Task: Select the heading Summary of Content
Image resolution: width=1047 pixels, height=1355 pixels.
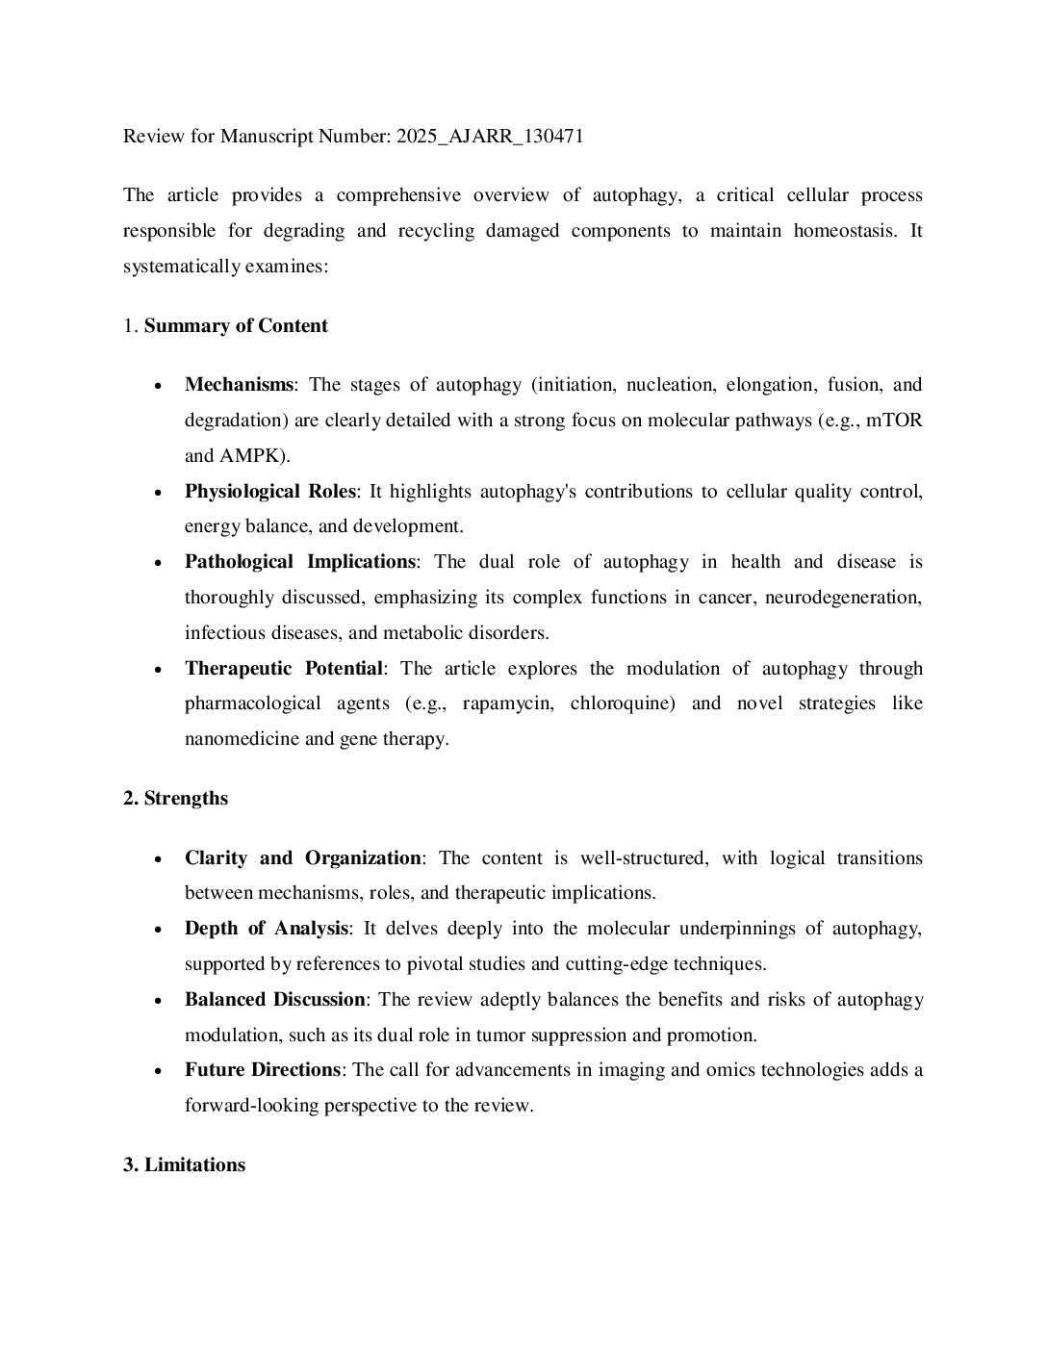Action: (x=236, y=326)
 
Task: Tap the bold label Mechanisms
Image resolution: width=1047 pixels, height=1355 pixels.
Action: (x=239, y=385)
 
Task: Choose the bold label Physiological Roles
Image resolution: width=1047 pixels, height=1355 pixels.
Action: (x=270, y=492)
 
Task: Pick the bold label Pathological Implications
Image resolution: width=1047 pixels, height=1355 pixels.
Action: (x=300, y=562)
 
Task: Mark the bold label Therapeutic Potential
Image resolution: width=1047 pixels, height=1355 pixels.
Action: (x=284, y=669)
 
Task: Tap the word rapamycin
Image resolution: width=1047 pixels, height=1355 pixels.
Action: (x=507, y=703)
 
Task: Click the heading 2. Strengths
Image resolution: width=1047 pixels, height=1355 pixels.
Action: (x=175, y=799)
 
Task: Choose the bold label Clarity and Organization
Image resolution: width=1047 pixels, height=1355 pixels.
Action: (x=303, y=858)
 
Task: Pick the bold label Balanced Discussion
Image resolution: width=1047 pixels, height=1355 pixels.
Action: (x=274, y=1000)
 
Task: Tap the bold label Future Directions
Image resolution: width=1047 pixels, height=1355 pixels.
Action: (x=263, y=1070)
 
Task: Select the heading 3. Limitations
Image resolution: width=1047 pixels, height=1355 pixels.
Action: (x=184, y=1165)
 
